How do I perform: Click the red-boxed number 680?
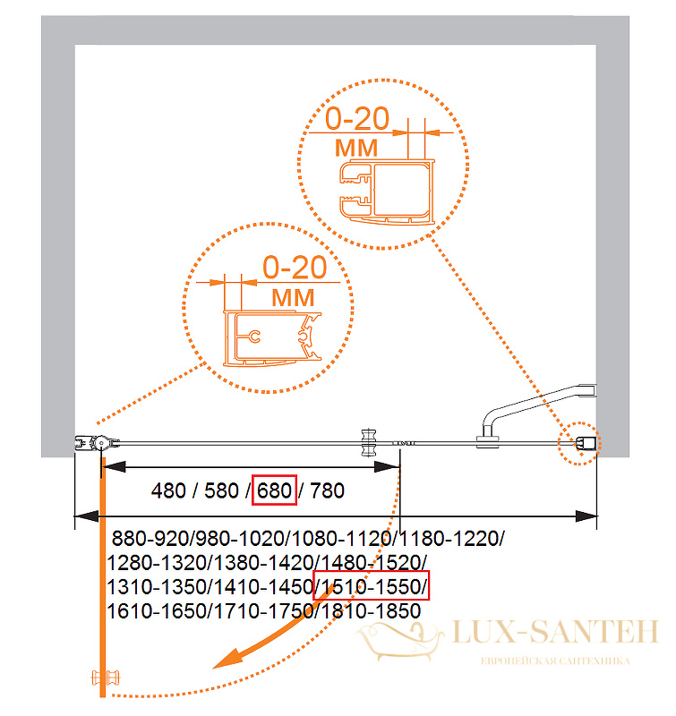(x=274, y=490)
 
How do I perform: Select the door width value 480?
(x=168, y=490)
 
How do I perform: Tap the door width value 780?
(x=327, y=490)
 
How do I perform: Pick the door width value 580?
(x=221, y=490)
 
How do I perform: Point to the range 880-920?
(x=150, y=539)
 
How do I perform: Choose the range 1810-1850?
(x=371, y=611)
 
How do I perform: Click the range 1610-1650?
(x=157, y=611)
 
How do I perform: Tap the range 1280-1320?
(x=157, y=563)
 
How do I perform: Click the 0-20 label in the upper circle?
(x=356, y=119)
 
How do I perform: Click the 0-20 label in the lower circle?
(x=295, y=267)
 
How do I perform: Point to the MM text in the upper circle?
(x=356, y=148)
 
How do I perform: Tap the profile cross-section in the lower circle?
(x=272, y=339)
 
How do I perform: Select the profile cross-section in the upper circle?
(x=388, y=192)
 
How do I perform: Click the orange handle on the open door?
(x=106, y=678)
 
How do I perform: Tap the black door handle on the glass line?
(x=368, y=442)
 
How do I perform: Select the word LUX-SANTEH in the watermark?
(x=555, y=632)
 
